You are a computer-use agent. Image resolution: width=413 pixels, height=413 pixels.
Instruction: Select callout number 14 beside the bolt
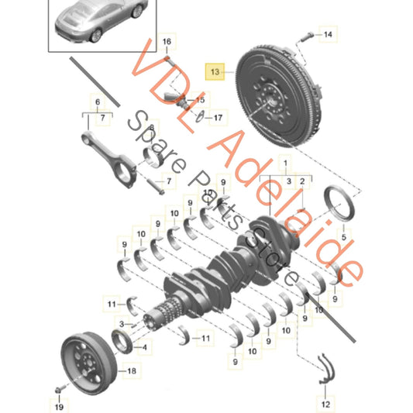(327, 34)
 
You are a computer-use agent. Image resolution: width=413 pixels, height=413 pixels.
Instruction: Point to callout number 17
(218, 118)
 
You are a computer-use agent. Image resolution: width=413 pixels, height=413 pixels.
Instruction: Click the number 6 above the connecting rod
(98, 102)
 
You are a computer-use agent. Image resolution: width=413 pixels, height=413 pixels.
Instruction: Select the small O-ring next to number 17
(200, 118)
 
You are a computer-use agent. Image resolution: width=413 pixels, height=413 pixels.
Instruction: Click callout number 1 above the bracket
(285, 163)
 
